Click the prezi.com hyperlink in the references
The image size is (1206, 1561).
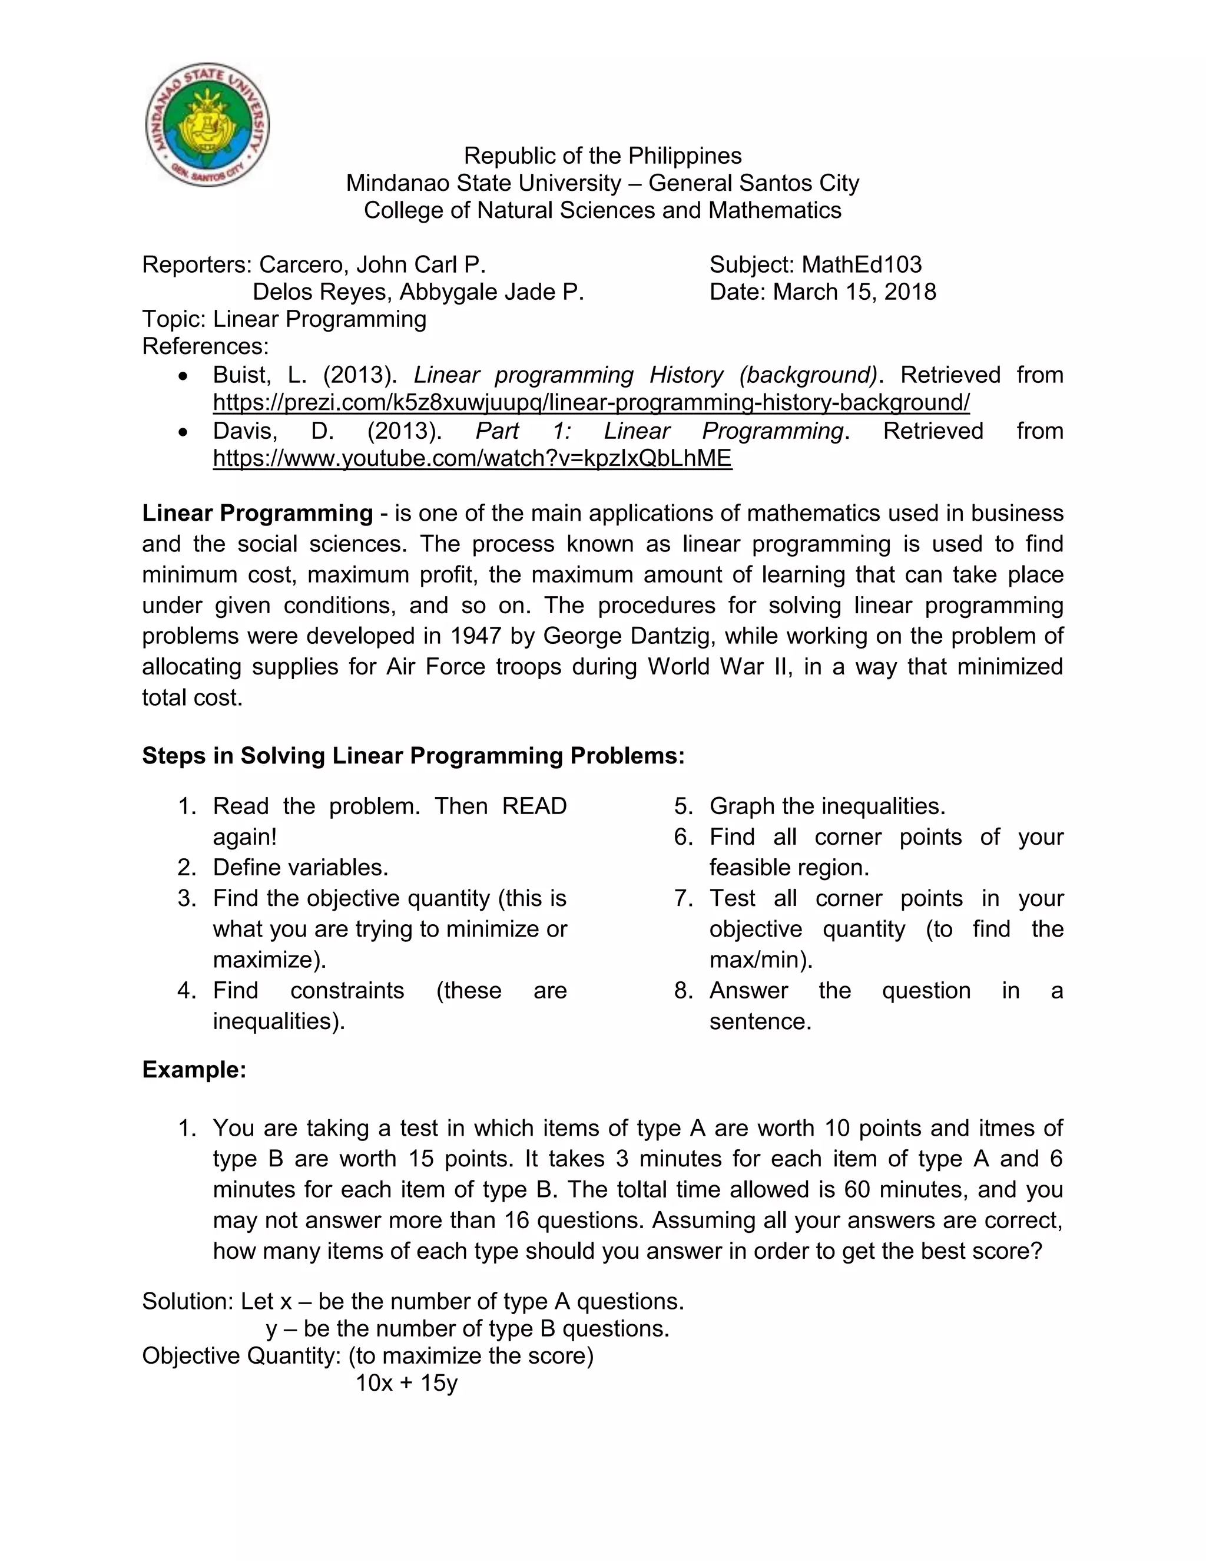coord(591,402)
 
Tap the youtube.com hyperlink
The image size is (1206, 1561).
coord(472,458)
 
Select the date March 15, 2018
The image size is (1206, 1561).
coord(854,292)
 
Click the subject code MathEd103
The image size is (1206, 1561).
coord(861,264)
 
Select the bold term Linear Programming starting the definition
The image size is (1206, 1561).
coord(257,513)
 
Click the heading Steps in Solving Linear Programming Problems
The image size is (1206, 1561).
coord(413,756)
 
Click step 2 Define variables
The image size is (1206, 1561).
coord(300,868)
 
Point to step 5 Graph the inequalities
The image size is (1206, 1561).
coord(827,806)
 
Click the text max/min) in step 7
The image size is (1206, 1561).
coord(761,959)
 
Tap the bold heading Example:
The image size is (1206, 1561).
coord(194,1070)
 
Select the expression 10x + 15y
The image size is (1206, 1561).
coord(406,1383)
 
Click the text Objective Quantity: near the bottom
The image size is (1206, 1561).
coord(241,1356)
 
